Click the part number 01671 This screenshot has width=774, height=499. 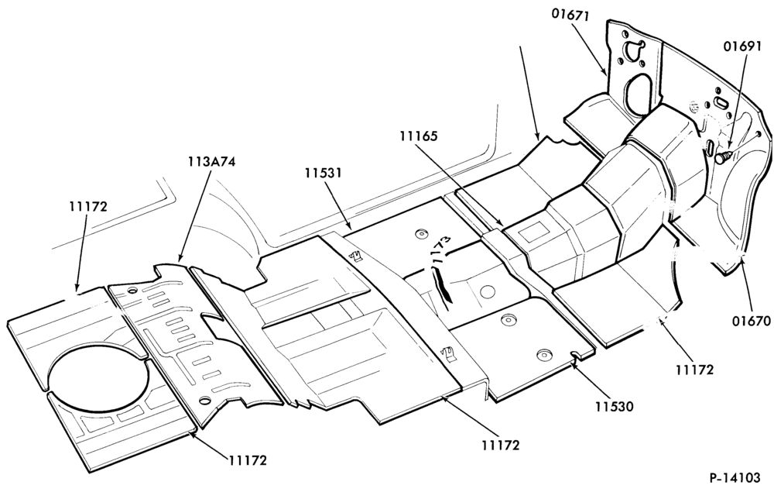pos(570,15)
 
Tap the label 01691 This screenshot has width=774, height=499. pos(742,46)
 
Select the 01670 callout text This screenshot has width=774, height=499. pos(752,322)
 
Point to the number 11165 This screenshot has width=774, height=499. pos(419,136)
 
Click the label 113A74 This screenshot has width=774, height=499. pos(211,162)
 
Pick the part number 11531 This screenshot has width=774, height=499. pos(323,173)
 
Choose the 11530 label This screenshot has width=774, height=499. pos(614,407)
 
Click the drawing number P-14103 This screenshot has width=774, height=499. pos(735,478)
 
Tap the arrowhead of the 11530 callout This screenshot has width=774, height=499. pos(574,364)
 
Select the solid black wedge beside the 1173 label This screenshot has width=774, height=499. pos(442,283)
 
